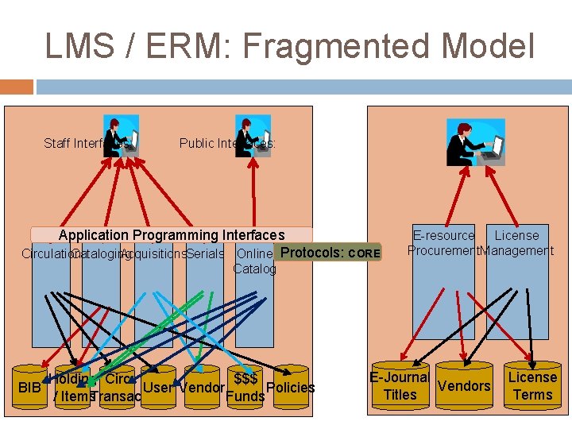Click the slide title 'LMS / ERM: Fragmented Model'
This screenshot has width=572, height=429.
(290, 46)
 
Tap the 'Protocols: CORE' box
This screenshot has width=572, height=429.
(330, 253)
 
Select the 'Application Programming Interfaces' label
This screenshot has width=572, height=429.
(171, 234)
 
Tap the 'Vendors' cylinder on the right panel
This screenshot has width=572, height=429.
(464, 386)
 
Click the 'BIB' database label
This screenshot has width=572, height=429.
(29, 388)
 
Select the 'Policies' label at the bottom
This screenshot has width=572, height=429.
(291, 388)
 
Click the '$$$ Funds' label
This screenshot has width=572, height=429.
(245, 388)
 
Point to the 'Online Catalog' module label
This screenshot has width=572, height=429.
(254, 261)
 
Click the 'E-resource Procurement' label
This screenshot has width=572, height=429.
(443, 243)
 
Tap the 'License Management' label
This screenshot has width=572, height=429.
(517, 243)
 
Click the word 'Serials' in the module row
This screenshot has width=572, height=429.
(206, 253)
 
